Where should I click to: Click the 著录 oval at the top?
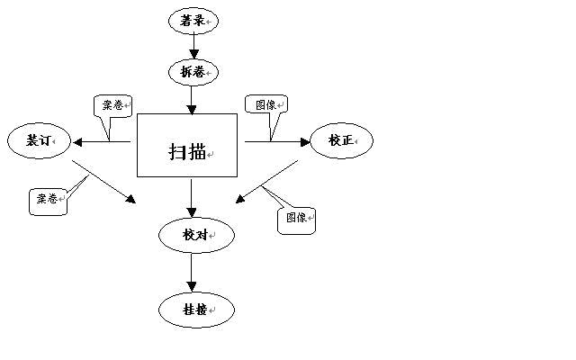193,20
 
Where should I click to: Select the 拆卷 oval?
193,71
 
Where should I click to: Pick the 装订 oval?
39,140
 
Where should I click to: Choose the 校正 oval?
340,140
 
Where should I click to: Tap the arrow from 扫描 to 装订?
103,141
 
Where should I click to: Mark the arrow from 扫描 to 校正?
276,141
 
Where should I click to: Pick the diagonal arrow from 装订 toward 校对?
103,183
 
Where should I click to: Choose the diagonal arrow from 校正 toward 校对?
267,183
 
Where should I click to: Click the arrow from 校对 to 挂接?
192,272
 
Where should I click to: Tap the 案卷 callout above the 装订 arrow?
112,105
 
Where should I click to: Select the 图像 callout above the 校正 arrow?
265,104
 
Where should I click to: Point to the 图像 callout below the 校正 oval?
297,219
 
